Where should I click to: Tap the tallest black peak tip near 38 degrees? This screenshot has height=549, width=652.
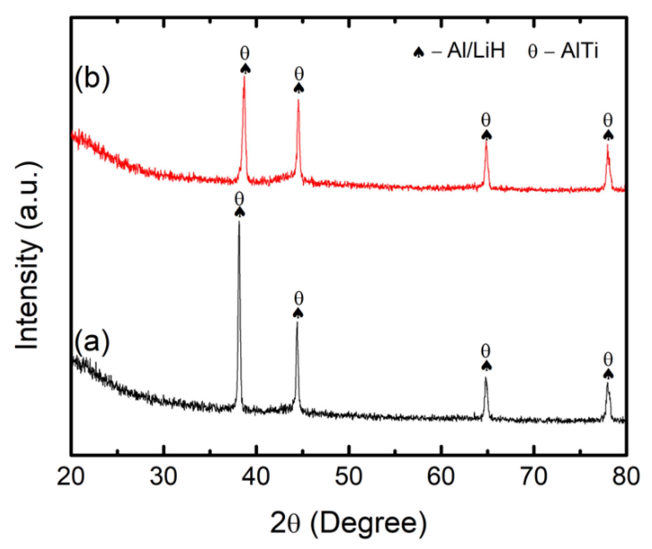point(239,221)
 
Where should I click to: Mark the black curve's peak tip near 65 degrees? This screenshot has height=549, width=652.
point(486,378)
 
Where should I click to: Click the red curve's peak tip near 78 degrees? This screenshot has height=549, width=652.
point(608,145)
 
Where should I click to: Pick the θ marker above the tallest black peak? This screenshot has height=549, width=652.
point(239,199)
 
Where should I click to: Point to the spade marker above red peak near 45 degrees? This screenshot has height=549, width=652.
point(299,87)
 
